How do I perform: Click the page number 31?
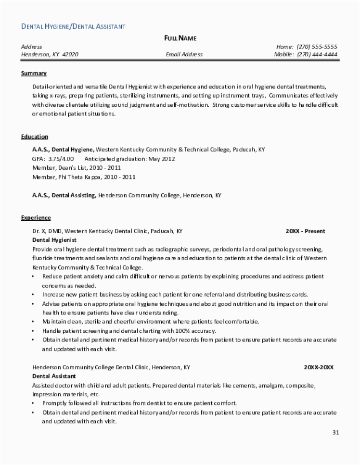click(336, 432)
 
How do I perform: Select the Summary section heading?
click(34, 74)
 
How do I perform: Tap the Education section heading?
click(35, 137)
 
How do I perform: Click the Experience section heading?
click(36, 218)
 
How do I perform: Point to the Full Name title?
click(180, 38)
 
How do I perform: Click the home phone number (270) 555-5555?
click(317, 47)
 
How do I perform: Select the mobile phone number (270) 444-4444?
click(317, 54)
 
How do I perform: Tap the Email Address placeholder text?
click(184, 54)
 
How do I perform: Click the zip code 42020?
click(70, 54)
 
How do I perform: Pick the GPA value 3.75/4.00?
click(61, 159)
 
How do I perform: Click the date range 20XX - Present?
click(305, 231)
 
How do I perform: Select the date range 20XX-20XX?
click(319, 367)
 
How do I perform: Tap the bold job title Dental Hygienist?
click(54, 239)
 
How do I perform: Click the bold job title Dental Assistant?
click(54, 376)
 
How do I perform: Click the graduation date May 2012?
click(162, 159)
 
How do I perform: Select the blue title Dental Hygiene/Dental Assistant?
click(73, 26)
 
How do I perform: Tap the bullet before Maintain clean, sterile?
click(32, 321)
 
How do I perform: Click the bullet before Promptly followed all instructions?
click(32, 403)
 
